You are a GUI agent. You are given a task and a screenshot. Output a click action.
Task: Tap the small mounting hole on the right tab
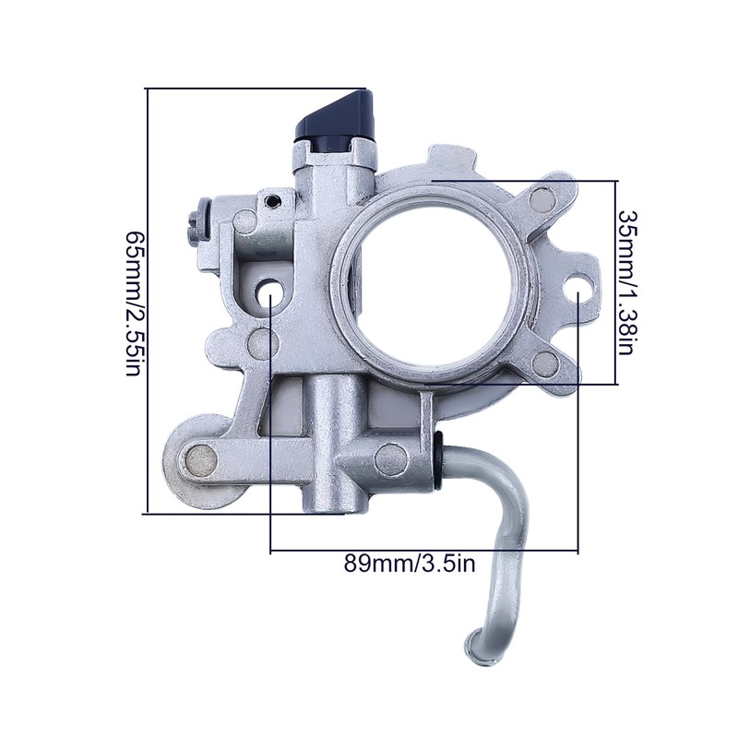(581, 292)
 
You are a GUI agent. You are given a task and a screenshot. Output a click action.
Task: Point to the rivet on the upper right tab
(541, 196)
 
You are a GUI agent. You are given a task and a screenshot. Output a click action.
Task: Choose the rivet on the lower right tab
(546, 359)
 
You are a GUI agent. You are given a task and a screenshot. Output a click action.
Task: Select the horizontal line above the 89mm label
(424, 552)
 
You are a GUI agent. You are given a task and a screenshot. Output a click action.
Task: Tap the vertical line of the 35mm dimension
(615, 282)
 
